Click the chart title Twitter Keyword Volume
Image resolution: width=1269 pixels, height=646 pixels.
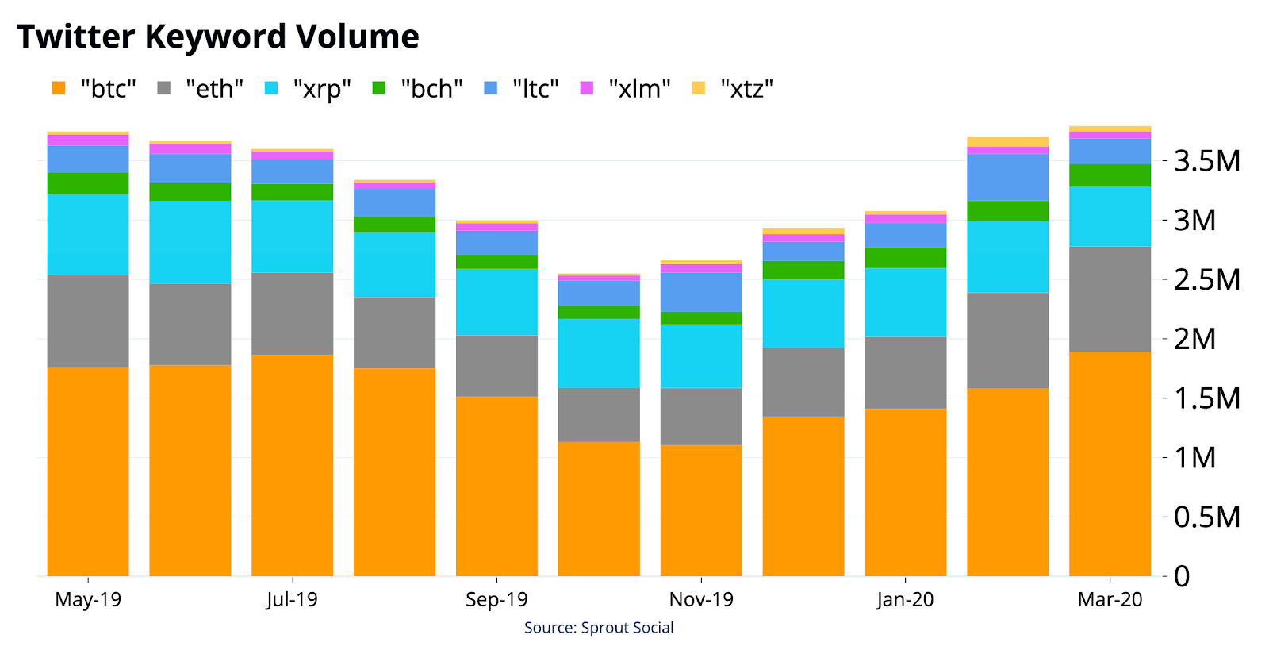tap(218, 37)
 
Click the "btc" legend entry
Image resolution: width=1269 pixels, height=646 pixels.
tap(94, 88)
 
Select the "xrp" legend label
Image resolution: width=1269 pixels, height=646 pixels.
tap(322, 89)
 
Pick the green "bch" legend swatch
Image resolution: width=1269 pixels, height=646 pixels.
tap(378, 88)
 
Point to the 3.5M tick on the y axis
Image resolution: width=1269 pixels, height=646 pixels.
tap(1206, 161)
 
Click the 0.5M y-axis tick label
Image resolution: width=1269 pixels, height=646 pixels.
tap(1206, 517)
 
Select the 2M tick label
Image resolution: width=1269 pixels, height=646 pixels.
tap(1194, 339)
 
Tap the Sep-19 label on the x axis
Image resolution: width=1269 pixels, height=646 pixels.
tap(496, 599)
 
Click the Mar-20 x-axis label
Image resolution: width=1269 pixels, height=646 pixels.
tap(1110, 599)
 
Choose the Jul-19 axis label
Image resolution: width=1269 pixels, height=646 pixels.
tap(293, 599)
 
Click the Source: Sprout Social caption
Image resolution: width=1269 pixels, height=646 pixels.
tap(599, 627)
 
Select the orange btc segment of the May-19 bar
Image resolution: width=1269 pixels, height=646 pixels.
tap(88, 472)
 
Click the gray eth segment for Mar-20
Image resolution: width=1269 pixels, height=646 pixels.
tap(1110, 299)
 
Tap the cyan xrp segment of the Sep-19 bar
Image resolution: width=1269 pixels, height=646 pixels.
tap(496, 302)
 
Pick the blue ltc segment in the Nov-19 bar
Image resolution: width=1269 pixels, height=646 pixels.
tap(701, 292)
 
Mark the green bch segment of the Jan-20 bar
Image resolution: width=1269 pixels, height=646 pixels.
tap(905, 258)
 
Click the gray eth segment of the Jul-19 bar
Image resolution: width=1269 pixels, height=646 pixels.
tap(293, 314)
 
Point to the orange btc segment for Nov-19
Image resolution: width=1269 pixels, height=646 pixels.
tap(701, 510)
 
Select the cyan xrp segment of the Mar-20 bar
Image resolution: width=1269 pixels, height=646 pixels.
tap(1110, 217)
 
